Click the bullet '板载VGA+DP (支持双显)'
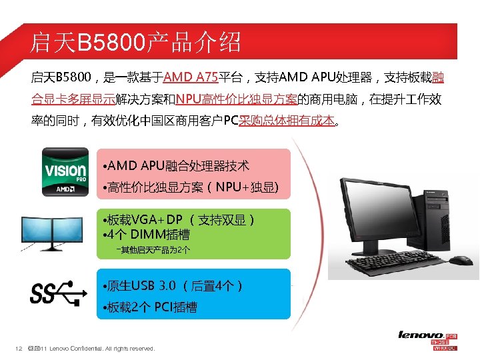pyautogui.click(x=179, y=220)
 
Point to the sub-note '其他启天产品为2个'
pyautogui.click(x=153, y=250)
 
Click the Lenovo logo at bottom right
pyautogui.click(x=421, y=335)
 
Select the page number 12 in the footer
pyautogui.click(x=19, y=349)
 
